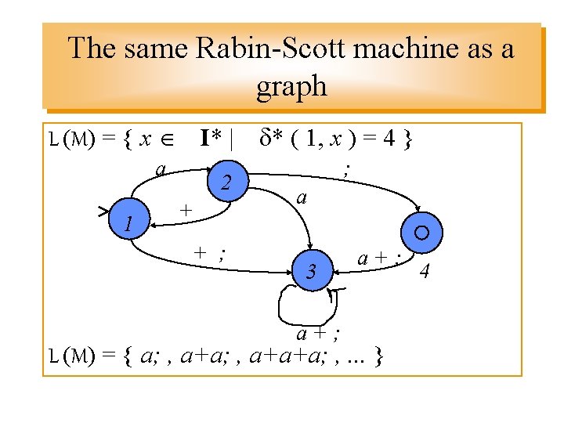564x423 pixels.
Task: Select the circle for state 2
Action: pos(226,183)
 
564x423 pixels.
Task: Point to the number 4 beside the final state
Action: pos(425,272)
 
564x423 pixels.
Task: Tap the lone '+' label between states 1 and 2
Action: pos(185,210)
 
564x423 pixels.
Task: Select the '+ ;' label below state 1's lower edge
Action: pos(211,252)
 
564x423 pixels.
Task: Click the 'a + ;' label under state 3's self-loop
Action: pos(317,334)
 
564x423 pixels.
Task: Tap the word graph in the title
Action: pos(291,85)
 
